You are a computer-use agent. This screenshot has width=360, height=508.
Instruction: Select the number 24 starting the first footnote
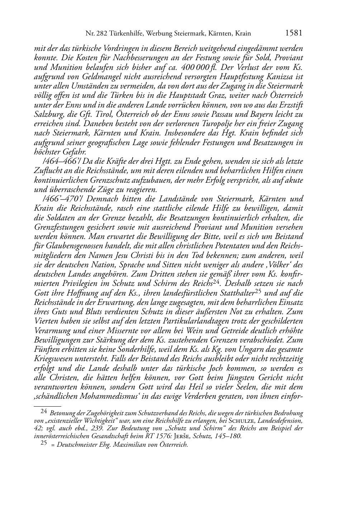pos(43,412)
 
